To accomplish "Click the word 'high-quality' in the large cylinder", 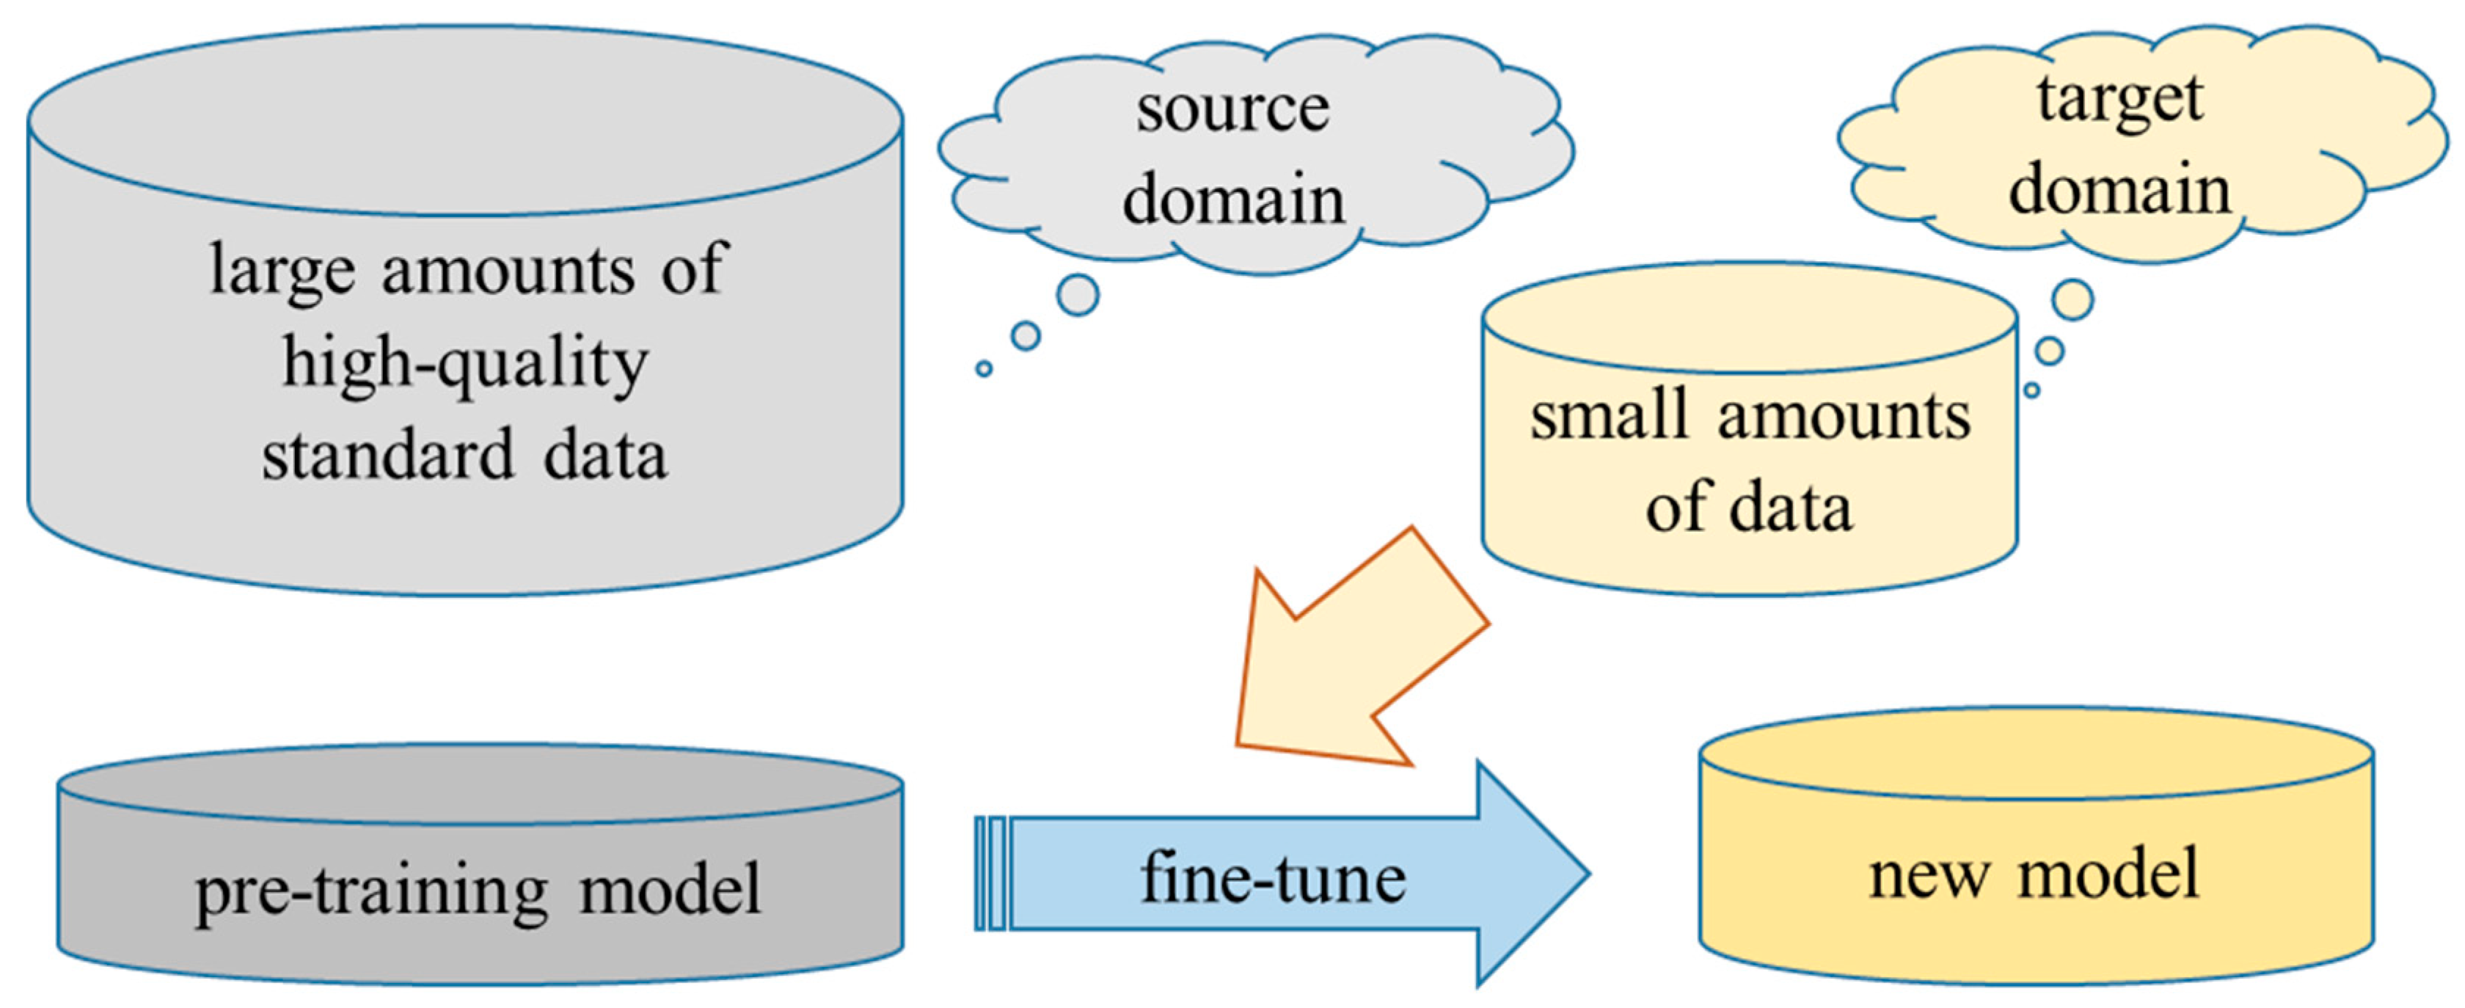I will coord(465,365).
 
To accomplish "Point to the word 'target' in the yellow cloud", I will coord(2119,98).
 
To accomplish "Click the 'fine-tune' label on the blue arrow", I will coord(1273,878).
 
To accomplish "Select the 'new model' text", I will coord(2034,874).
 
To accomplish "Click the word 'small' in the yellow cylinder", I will coord(1607,417).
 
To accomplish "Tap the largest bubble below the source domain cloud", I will coord(1078,295).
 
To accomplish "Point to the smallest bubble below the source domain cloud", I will coord(984,368).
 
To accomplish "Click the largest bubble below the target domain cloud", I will coord(2073,299).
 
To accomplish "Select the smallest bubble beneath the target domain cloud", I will coord(2031,390).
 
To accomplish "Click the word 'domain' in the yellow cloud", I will coord(2119,189).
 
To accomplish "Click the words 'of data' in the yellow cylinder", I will coord(1748,508).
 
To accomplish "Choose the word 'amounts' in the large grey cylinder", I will coord(507,270).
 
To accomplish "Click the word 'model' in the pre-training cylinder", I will coord(670,891).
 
